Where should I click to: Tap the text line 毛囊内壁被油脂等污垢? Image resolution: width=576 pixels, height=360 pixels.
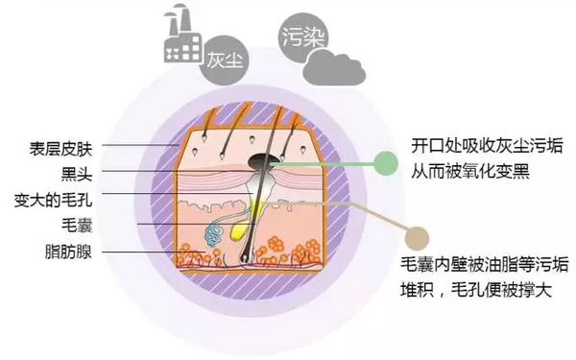tap(487, 265)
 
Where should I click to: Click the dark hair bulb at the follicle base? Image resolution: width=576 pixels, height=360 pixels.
tap(252, 254)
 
